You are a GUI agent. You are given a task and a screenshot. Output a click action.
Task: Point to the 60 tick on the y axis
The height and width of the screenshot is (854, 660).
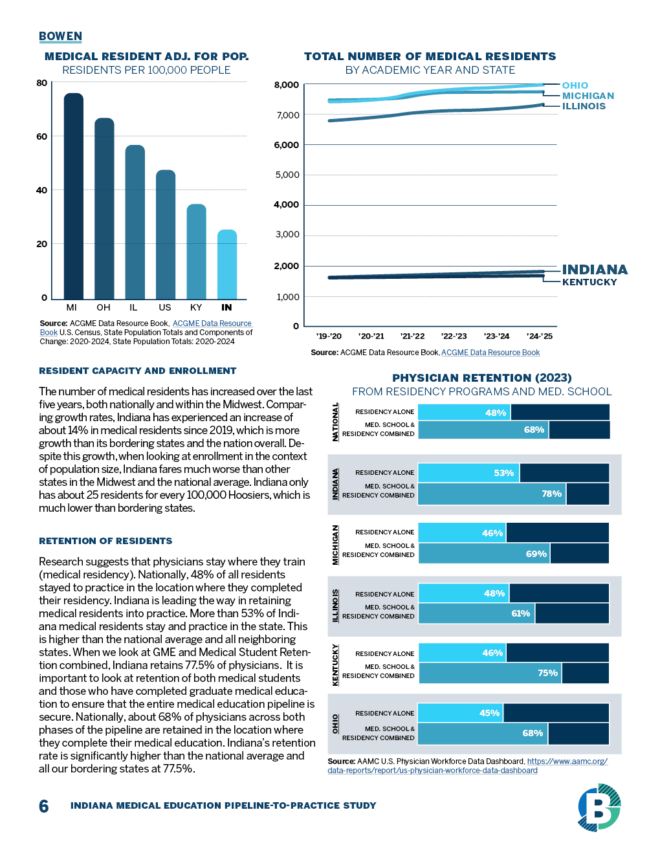[42, 137]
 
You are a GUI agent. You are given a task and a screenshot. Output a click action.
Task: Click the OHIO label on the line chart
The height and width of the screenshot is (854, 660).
[575, 85]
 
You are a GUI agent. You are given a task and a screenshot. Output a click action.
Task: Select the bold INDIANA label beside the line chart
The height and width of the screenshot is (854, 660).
[594, 270]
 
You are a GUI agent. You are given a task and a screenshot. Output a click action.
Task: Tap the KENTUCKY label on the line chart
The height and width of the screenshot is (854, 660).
[589, 282]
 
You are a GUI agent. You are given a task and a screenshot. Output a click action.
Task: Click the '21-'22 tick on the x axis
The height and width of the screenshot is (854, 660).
[412, 336]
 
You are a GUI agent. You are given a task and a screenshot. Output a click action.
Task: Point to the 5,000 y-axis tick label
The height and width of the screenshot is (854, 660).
[287, 175]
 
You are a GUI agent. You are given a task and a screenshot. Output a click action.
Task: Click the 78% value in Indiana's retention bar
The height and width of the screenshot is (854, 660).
[551, 494]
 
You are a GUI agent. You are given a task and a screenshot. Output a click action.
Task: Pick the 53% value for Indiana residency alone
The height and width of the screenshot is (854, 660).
[503, 473]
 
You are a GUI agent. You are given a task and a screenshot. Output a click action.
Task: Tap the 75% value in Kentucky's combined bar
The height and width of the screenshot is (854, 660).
[547, 673]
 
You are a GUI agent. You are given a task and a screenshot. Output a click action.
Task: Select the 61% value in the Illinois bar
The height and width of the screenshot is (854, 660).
[520, 613]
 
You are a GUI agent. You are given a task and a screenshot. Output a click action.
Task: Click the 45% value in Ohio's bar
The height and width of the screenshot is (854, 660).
[489, 713]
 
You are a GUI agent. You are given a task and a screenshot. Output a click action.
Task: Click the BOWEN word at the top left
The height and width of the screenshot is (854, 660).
[60, 36]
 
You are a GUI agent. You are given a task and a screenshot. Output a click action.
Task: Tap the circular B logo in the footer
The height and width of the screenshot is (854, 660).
[599, 807]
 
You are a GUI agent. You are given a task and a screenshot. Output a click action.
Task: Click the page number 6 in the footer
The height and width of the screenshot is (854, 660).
[44, 806]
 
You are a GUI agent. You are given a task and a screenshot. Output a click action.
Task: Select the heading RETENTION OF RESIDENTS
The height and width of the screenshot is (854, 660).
[105, 541]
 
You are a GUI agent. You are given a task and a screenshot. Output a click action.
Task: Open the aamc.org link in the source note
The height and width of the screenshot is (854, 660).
[567, 761]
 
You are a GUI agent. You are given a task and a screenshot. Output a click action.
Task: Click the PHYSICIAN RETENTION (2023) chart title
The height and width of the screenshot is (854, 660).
[481, 378]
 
